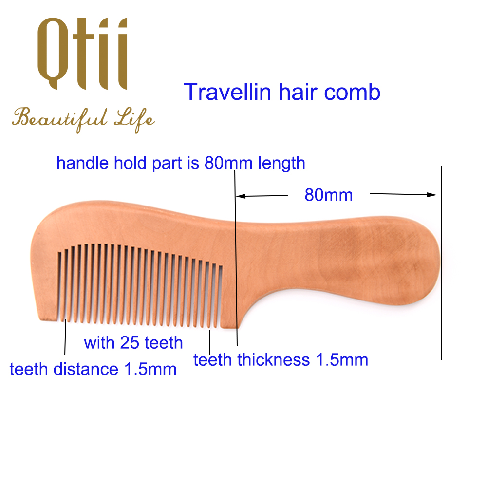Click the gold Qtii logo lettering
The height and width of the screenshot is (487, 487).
(x=82, y=54)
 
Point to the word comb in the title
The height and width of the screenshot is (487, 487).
(x=352, y=92)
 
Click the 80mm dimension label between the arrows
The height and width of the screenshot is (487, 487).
(x=329, y=195)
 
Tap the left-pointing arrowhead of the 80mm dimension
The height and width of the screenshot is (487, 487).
(x=241, y=196)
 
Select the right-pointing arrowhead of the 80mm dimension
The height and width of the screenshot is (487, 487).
(x=431, y=195)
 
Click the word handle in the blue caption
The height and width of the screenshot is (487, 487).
(x=82, y=163)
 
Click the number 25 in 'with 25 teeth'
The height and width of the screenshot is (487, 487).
(x=130, y=343)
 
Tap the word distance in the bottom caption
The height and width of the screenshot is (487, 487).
(x=86, y=369)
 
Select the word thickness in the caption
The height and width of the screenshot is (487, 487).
(x=274, y=360)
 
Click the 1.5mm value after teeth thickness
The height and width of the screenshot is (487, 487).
(x=342, y=360)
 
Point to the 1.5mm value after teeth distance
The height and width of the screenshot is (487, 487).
(x=150, y=369)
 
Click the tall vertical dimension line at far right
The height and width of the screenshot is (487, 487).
(x=441, y=263)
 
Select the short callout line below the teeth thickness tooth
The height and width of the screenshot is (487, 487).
(x=210, y=342)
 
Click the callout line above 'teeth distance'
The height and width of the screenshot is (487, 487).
(x=65, y=337)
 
